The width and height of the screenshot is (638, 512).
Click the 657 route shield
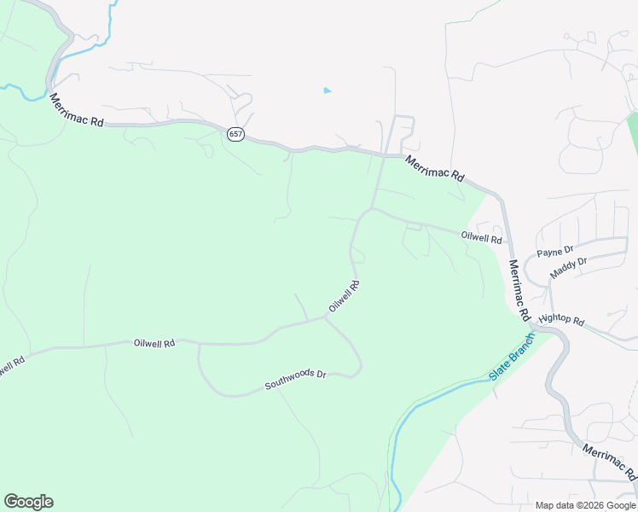point(236,135)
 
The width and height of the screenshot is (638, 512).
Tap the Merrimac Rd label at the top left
point(76,111)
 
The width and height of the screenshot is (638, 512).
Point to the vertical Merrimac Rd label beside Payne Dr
point(519,289)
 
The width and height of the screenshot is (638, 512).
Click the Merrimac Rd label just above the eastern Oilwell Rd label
point(435,168)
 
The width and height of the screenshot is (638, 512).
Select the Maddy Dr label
point(569,267)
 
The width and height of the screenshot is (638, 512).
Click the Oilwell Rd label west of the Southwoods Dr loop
point(154,342)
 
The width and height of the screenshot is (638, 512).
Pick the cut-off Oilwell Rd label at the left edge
point(10,365)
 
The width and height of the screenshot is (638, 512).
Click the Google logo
point(28,502)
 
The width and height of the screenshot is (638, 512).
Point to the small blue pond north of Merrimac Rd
point(328,90)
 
